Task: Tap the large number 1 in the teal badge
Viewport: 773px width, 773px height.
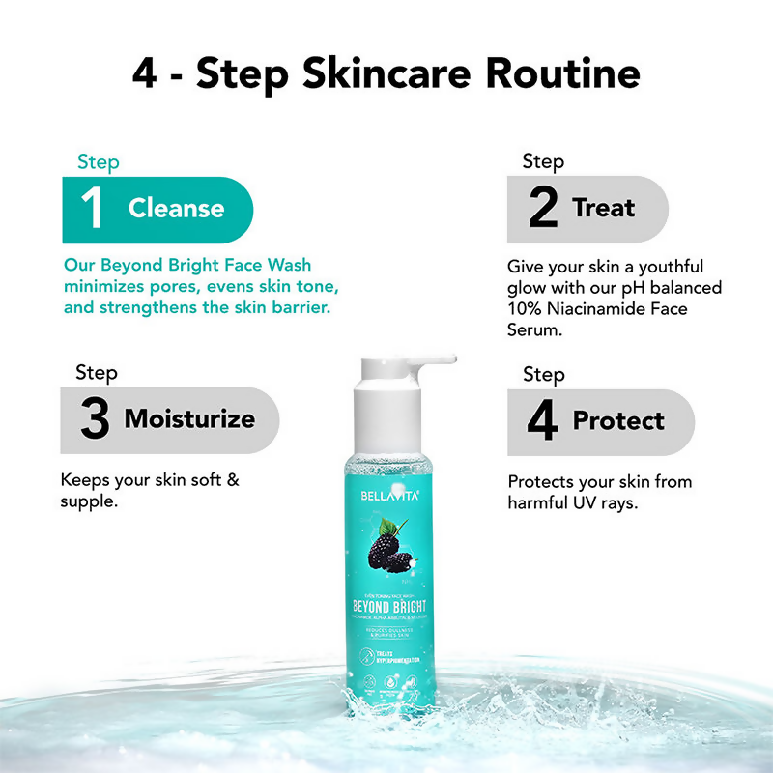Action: pyautogui.click(x=94, y=209)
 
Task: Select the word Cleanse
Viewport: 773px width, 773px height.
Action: pyautogui.click(x=176, y=209)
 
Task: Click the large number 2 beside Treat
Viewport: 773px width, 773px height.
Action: pyautogui.click(x=543, y=209)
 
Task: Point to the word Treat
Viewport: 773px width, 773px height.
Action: pyautogui.click(x=603, y=209)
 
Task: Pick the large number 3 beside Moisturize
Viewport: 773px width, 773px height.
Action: pyautogui.click(x=95, y=419)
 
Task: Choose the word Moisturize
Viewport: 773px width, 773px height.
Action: pyautogui.click(x=189, y=419)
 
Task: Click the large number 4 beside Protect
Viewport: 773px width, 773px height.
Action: pyautogui.click(x=543, y=421)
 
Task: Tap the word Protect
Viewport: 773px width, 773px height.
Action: pyautogui.click(x=618, y=421)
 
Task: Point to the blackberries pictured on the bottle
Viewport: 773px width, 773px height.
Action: pyautogui.click(x=390, y=554)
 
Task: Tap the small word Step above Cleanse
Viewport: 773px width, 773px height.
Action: pyautogui.click(x=98, y=162)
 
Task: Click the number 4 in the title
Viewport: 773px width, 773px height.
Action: pyautogui.click(x=145, y=75)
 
